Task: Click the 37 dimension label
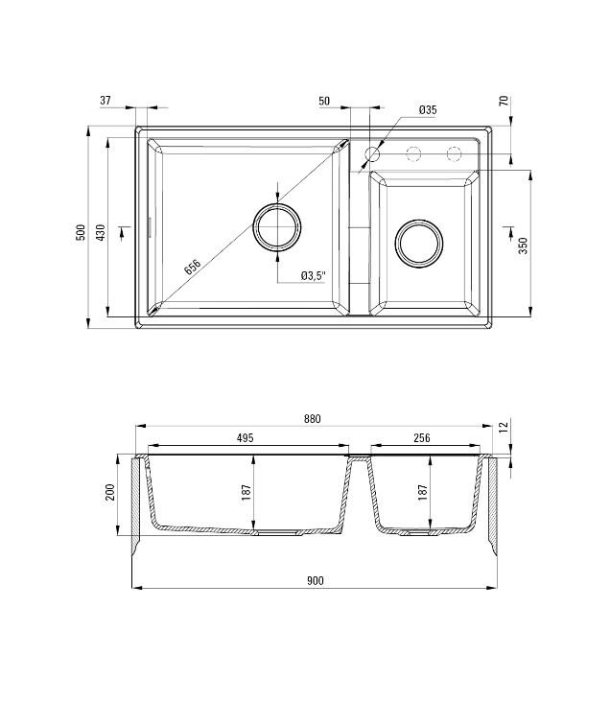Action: click(106, 100)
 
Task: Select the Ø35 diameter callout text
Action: click(428, 110)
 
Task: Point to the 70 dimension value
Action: click(503, 100)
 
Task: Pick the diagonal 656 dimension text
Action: click(193, 268)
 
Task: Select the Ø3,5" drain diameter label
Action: click(314, 275)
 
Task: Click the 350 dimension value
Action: click(523, 244)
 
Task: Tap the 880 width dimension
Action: click(312, 418)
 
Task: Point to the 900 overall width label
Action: click(316, 580)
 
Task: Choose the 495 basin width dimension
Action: click(244, 438)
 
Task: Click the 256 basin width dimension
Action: click(422, 438)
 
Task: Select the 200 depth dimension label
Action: click(110, 492)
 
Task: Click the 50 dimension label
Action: click(323, 100)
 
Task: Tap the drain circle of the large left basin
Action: click(277, 227)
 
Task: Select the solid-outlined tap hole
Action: click(373, 153)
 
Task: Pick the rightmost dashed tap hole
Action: click(453, 153)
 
